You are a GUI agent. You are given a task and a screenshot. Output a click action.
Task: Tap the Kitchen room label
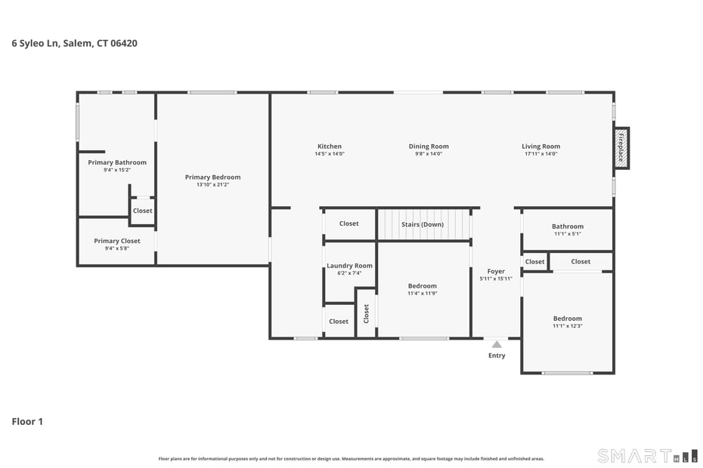tap(329, 146)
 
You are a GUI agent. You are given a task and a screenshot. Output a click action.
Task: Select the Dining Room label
tap(429, 146)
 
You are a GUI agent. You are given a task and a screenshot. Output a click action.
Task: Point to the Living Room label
tap(540, 146)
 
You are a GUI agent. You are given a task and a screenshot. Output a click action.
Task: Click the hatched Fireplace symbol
tap(621, 148)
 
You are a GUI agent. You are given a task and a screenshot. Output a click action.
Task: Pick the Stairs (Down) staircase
tap(423, 224)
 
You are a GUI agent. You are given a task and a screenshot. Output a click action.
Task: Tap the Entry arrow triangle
tap(497, 344)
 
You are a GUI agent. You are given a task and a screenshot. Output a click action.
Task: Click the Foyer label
tap(496, 272)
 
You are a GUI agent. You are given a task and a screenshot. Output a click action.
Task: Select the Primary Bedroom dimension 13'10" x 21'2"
tap(212, 184)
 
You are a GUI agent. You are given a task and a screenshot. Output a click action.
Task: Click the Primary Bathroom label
tap(117, 162)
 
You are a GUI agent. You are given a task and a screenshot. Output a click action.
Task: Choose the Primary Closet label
tap(117, 242)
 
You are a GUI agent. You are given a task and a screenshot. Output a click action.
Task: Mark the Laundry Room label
tap(349, 266)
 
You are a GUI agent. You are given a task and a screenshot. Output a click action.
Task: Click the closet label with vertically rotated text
tap(366, 313)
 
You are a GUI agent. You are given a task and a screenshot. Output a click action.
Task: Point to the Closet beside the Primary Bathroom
tap(142, 211)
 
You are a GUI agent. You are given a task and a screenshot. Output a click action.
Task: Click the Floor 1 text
tap(27, 421)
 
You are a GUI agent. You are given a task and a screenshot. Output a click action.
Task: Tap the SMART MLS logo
tap(647, 455)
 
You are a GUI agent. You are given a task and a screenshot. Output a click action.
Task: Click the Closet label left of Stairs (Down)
tap(348, 223)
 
